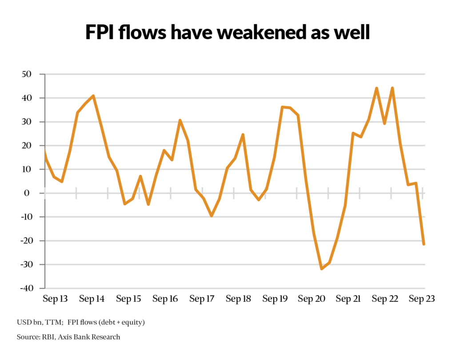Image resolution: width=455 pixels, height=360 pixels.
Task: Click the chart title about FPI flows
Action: [x=227, y=33]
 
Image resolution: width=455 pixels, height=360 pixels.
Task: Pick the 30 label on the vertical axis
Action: [x=29, y=122]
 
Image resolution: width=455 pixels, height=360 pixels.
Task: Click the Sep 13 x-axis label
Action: [x=56, y=299]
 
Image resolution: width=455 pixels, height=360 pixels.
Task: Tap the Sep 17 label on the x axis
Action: [x=202, y=299]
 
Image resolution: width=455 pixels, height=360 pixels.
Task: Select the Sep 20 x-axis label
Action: [x=312, y=299]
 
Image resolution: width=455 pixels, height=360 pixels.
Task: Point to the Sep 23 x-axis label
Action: [x=422, y=299]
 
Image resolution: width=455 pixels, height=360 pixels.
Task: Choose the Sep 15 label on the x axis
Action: [x=129, y=299]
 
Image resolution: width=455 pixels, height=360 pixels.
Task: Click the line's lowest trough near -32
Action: [x=321, y=269]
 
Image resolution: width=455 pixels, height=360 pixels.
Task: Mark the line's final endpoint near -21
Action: [x=424, y=244]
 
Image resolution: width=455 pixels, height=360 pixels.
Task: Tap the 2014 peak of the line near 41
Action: [x=93, y=96]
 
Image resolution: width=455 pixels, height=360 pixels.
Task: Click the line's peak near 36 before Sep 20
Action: [x=282, y=107]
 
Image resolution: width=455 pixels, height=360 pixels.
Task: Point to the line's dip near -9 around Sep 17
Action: [x=212, y=216]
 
